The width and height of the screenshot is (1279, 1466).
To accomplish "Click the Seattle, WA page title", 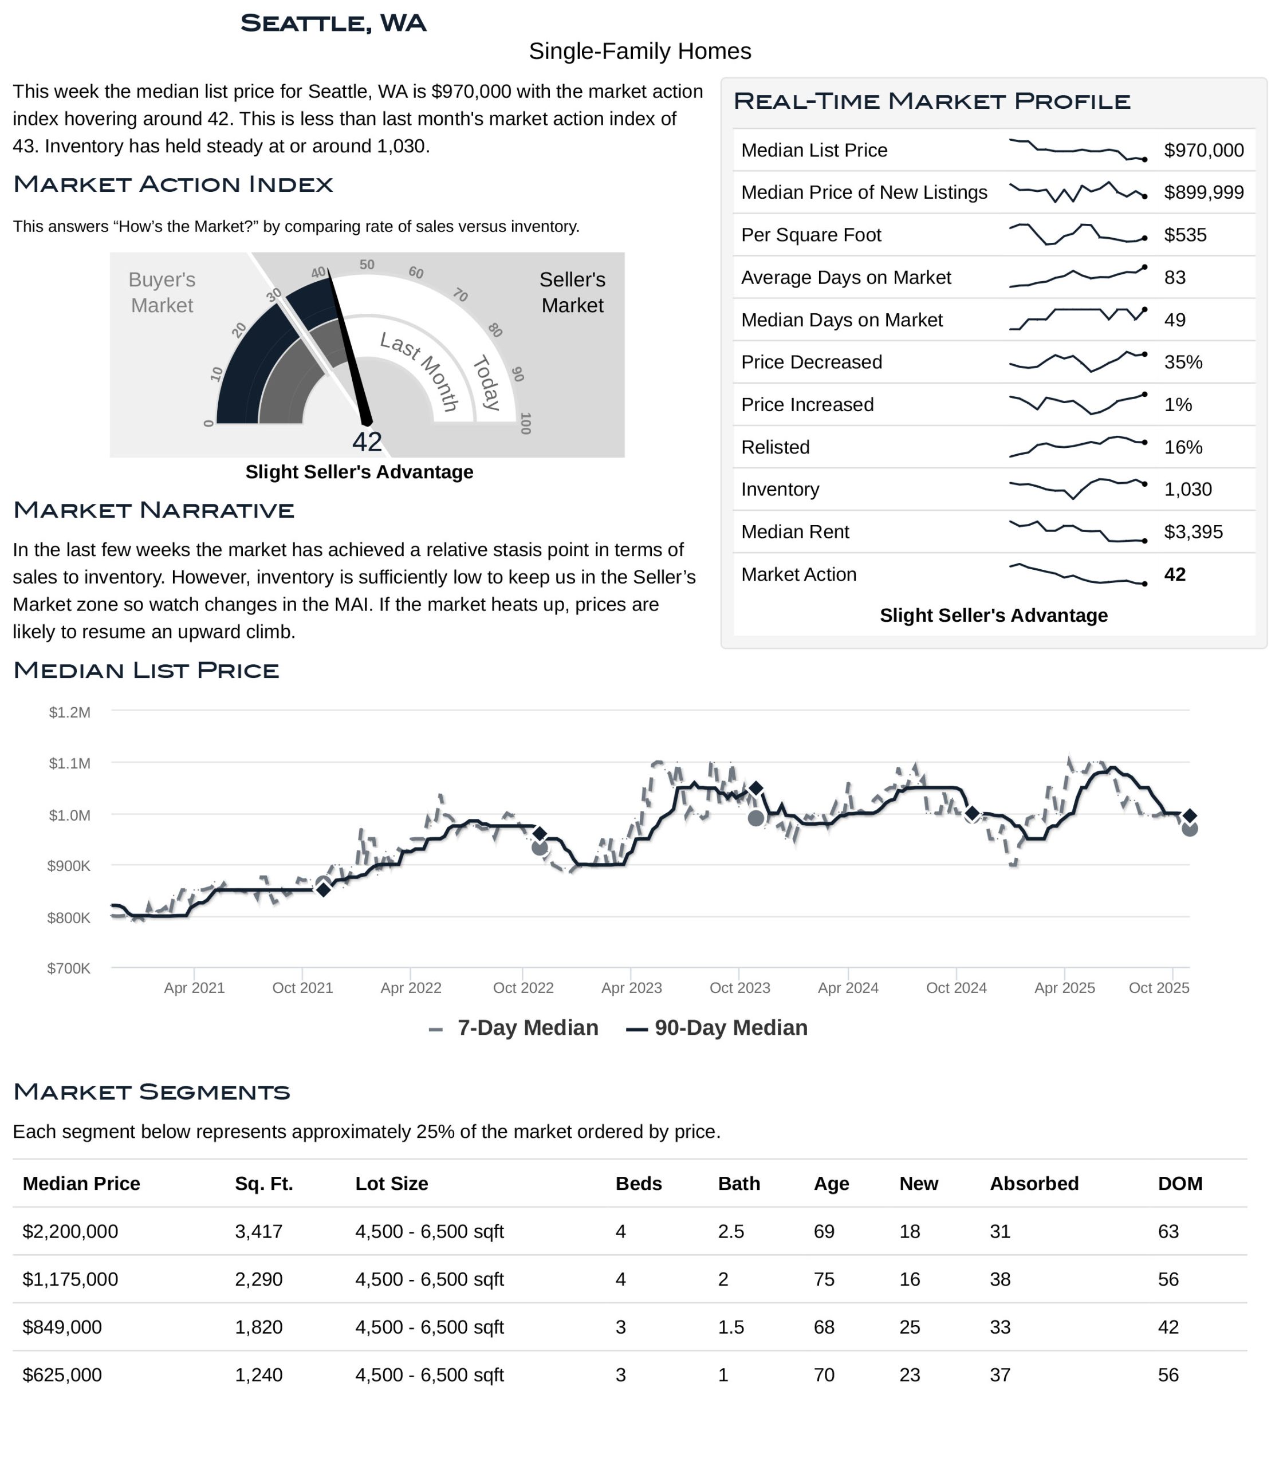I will [333, 23].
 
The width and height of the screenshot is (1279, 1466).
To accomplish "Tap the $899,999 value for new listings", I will [1203, 193].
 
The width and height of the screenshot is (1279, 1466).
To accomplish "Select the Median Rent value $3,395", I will [1193, 532].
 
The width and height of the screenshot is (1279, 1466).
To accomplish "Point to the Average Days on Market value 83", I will [1174, 278].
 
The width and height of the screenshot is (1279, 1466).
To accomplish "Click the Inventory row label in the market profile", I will [780, 490].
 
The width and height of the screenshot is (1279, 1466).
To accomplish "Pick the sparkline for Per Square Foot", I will [1076, 235].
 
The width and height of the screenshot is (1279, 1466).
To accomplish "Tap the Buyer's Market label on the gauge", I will [162, 293].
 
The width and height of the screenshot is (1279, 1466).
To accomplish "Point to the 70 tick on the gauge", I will [461, 295].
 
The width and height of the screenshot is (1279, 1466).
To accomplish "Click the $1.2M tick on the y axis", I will [69, 712].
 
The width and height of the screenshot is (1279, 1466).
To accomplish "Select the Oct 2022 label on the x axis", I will [523, 988].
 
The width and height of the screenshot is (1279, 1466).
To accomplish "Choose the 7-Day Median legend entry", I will [514, 1028].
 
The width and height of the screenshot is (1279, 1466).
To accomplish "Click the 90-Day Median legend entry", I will [717, 1028].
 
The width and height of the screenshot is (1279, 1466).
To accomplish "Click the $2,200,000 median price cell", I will [70, 1231].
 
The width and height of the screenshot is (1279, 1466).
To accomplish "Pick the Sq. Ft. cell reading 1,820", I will [258, 1327].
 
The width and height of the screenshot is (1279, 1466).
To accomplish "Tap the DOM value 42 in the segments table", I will [1168, 1327].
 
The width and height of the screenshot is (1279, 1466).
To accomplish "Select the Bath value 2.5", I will [731, 1231].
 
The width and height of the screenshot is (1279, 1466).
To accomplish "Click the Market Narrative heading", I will [154, 510].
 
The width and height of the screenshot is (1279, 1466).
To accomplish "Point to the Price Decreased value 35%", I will [1183, 362].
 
